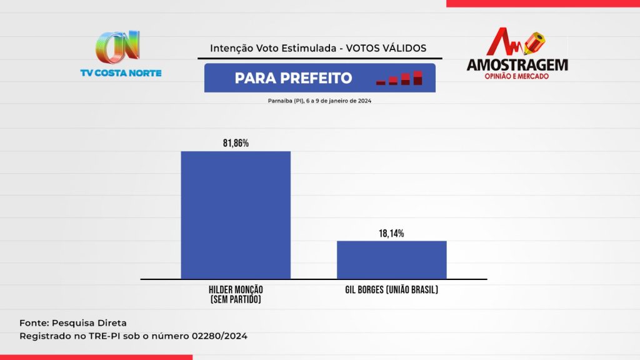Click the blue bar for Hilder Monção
coord(236,214)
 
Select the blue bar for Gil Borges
coord(392,259)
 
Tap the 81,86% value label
coord(236,143)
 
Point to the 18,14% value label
coord(392,233)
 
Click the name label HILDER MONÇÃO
coord(236,290)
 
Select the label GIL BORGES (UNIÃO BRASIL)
coord(392,290)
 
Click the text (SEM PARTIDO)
coord(236,300)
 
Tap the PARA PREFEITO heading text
coord(293,78)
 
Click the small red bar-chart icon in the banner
coord(399,79)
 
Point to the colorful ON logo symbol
coord(117,47)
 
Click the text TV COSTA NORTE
coord(121,73)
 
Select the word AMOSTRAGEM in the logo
coord(517,65)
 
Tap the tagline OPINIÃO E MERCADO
coord(517,76)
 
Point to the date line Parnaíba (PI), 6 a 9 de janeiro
coord(319,101)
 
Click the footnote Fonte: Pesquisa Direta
coord(73,323)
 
